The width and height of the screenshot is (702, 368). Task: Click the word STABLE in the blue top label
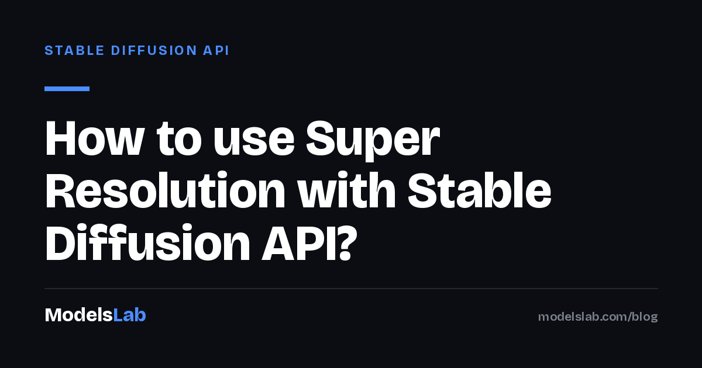(74, 50)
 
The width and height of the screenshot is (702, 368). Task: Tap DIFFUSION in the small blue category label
(154, 50)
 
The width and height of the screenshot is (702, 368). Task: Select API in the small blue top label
(216, 50)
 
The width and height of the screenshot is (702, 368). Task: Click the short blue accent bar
(67, 89)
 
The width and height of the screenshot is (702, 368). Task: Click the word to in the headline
(179, 138)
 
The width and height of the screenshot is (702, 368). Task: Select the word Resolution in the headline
(165, 190)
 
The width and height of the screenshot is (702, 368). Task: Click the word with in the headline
(346, 190)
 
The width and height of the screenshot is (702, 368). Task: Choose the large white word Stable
(479, 190)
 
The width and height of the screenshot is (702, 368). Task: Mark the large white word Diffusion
(147, 242)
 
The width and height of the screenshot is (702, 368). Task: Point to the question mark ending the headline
(347, 242)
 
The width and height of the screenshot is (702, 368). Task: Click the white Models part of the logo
(78, 315)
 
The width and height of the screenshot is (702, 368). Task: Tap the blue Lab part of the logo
(129, 315)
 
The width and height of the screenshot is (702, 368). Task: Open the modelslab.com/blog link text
(598, 317)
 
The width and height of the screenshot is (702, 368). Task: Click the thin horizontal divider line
(351, 288)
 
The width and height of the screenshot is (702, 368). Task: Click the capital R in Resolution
(60, 190)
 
